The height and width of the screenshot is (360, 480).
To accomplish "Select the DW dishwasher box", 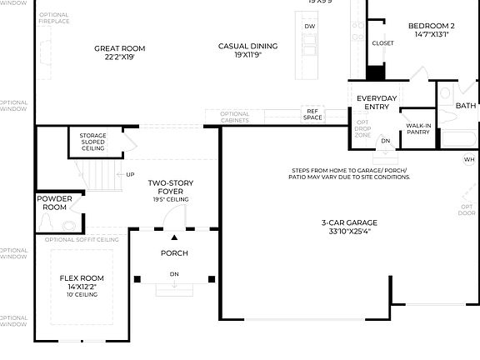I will (x=310, y=27).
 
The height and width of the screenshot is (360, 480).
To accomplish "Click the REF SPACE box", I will (x=313, y=114).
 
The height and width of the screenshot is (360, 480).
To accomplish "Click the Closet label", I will (x=382, y=42).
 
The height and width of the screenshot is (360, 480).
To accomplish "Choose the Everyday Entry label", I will (x=377, y=102).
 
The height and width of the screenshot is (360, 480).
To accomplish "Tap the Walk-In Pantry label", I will (x=418, y=128).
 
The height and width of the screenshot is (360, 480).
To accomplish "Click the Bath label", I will (x=465, y=106).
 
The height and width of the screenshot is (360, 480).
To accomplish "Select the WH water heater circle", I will (x=469, y=158).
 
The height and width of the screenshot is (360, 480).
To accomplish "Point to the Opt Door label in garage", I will (x=467, y=209).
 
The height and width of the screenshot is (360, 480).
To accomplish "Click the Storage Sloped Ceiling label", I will (x=92, y=142).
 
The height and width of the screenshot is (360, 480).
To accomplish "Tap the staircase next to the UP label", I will (x=99, y=175).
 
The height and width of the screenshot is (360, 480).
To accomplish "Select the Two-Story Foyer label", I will (x=171, y=187).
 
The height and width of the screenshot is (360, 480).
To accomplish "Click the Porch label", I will (x=174, y=253).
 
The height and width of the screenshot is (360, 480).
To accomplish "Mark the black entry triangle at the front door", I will (x=174, y=237).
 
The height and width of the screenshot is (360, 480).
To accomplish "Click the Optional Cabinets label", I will (x=234, y=117).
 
